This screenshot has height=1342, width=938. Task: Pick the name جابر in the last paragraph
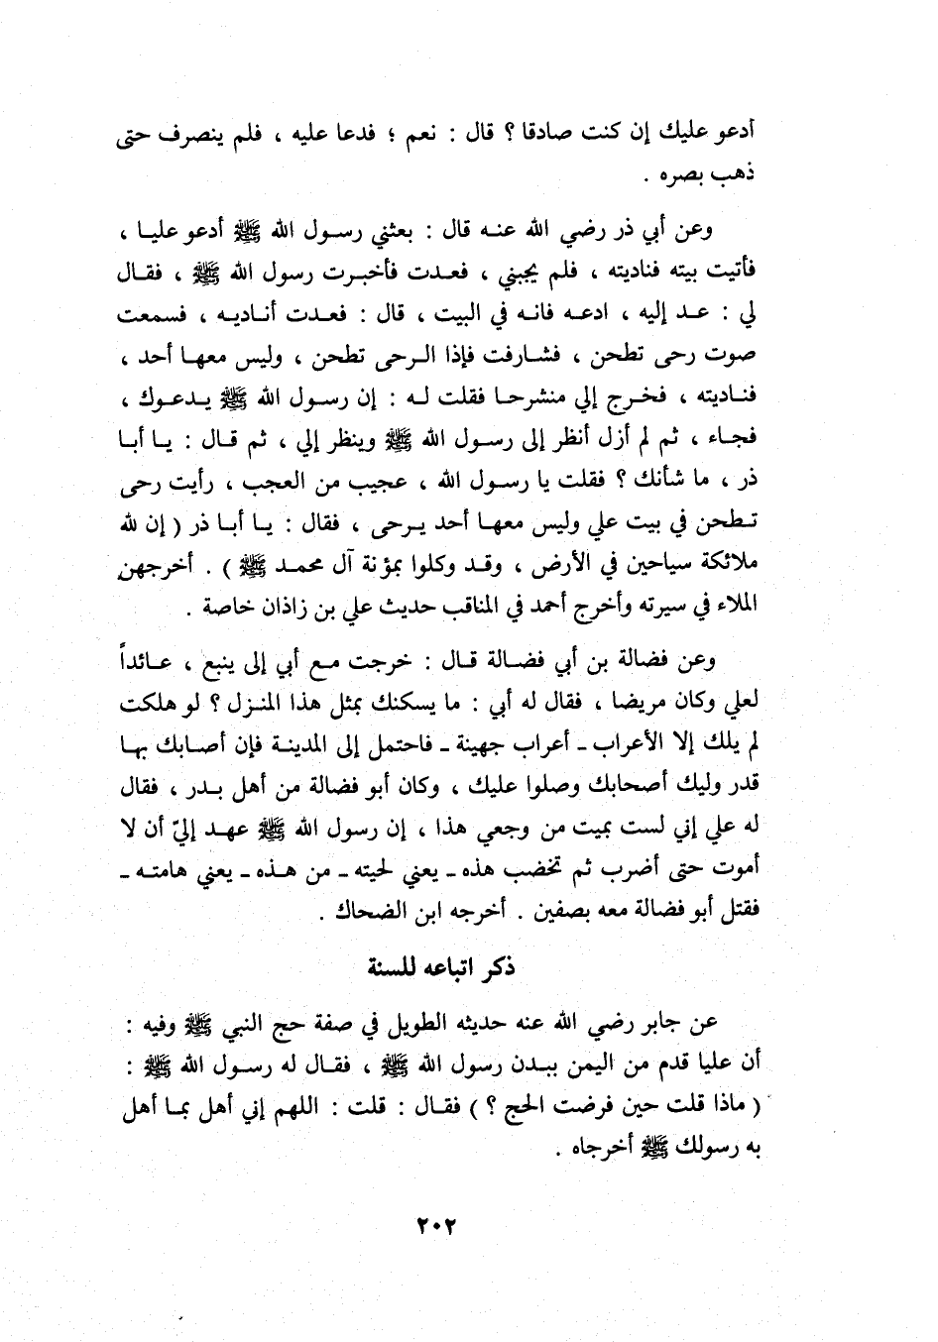point(662,1024)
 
